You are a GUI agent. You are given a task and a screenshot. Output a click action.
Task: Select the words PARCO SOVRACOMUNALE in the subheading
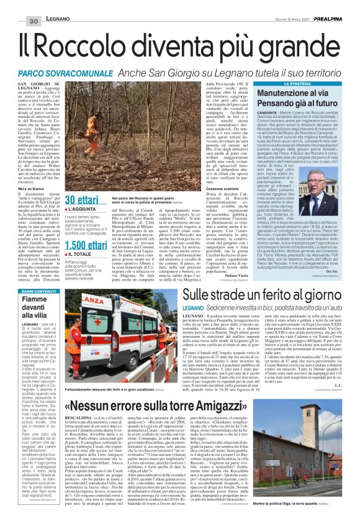[65, 72]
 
